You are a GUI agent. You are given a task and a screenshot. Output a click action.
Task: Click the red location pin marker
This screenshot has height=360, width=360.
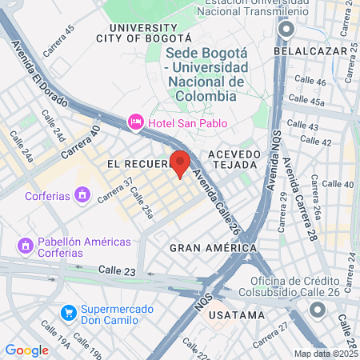click(x=180, y=163)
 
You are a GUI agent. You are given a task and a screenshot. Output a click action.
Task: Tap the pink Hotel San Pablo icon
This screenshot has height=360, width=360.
click(x=135, y=122)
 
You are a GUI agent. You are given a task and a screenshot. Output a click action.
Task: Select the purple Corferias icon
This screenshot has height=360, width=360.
click(x=81, y=194)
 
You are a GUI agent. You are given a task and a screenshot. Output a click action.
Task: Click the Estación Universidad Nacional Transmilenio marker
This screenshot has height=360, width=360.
click(x=286, y=30)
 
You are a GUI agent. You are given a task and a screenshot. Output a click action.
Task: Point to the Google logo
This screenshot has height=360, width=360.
click(x=26, y=350)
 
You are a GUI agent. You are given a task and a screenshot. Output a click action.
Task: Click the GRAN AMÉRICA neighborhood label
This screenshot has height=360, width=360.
click(x=213, y=248)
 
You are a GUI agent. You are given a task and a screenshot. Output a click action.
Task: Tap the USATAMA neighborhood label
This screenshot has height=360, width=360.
click(x=236, y=314)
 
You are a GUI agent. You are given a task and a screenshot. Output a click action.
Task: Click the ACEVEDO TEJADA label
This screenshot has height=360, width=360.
click(x=234, y=158)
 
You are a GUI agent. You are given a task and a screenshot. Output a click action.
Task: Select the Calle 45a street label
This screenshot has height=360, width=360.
click(x=306, y=100)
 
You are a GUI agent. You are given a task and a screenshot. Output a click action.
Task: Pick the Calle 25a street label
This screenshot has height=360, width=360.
click(x=141, y=204)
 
